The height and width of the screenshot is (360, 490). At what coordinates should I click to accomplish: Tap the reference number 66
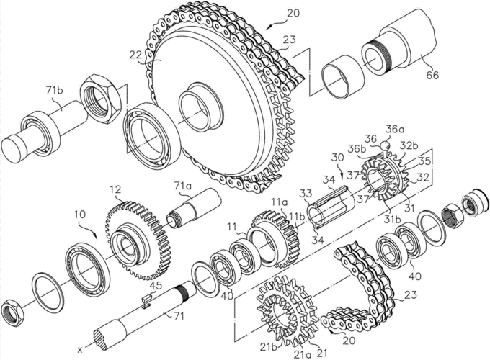click(x=431, y=75)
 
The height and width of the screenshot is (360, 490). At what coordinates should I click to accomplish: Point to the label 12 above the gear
click(x=115, y=190)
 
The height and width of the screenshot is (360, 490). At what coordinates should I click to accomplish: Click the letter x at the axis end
click(x=80, y=350)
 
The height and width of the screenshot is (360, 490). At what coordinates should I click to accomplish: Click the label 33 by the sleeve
click(x=306, y=193)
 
